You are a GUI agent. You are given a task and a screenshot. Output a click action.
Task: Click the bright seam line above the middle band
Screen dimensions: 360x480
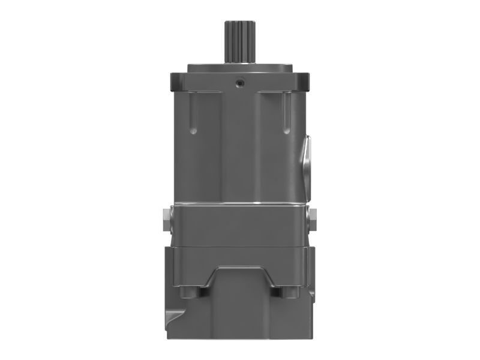click(240, 204)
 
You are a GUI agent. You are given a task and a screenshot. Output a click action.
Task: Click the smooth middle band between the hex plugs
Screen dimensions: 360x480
click(240, 225)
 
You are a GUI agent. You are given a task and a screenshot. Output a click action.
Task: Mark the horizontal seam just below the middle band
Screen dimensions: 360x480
click(240, 245)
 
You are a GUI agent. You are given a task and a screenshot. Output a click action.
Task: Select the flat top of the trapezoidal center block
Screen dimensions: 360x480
click(240, 270)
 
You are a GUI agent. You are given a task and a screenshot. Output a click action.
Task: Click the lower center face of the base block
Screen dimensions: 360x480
click(240, 318)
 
